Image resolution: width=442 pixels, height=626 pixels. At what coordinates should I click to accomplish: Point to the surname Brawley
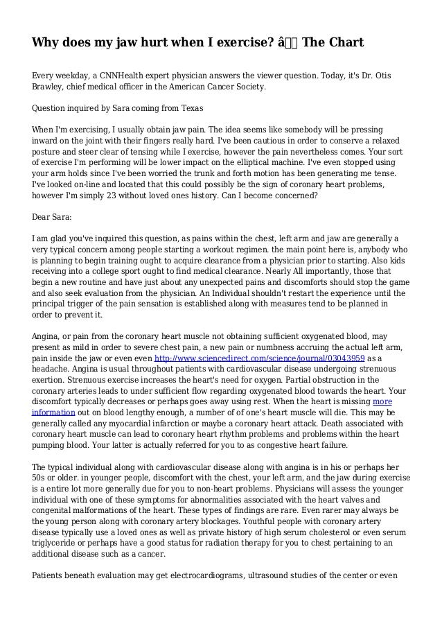[x=51, y=89]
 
